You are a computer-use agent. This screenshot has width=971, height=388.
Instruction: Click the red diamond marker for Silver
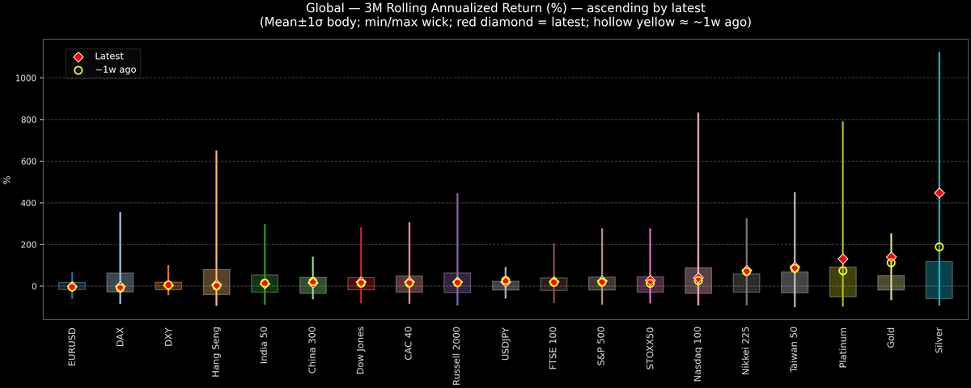pyautogui.click(x=939, y=193)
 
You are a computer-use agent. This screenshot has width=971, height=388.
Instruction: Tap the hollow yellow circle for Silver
pyautogui.click(x=939, y=247)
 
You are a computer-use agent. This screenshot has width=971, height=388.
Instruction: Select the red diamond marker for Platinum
pyautogui.click(x=842, y=259)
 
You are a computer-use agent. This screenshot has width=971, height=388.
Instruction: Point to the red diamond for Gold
pyautogui.click(x=891, y=257)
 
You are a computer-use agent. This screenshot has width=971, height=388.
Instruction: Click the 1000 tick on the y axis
pyautogui.click(x=28, y=78)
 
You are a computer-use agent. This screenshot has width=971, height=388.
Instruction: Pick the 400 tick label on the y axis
pyautogui.click(x=30, y=203)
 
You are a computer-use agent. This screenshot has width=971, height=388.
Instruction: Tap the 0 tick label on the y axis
pyautogui.click(x=35, y=286)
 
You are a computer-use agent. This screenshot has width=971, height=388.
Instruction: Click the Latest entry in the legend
pyautogui.click(x=108, y=57)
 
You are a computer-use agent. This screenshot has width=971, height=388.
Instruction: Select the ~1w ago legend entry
pyautogui.click(x=115, y=70)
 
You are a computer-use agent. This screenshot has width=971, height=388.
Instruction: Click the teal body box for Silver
pyautogui.click(x=939, y=280)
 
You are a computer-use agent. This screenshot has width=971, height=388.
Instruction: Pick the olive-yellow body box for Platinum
pyautogui.click(x=842, y=282)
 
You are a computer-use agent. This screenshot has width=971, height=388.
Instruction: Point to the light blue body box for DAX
pyautogui.click(x=120, y=282)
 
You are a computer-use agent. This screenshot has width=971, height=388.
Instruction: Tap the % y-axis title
pyautogui.click(x=7, y=179)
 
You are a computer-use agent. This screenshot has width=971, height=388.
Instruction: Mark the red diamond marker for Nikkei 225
pyautogui.click(x=746, y=271)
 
